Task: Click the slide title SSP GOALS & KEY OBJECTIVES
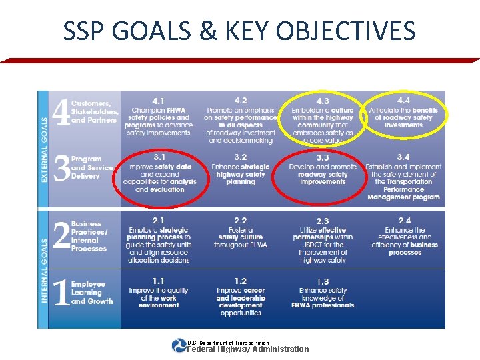coord(239,31)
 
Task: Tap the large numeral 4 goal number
coord(61,113)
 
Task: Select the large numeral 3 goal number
coord(61,169)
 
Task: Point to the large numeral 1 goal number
coord(61,292)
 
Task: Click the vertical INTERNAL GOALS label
coord(45,271)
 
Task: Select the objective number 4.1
coord(159,101)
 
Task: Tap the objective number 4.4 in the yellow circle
coord(403,100)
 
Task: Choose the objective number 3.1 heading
coord(159,157)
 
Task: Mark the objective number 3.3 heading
coord(322,157)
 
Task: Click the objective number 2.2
coord(240,220)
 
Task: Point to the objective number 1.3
coord(322,281)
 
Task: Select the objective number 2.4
coord(404,220)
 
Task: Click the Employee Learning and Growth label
coord(92,292)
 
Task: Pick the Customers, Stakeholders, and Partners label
coord(95,112)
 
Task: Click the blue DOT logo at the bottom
coord(179,345)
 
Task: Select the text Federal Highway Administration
coord(248,349)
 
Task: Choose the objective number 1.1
coord(159,281)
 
